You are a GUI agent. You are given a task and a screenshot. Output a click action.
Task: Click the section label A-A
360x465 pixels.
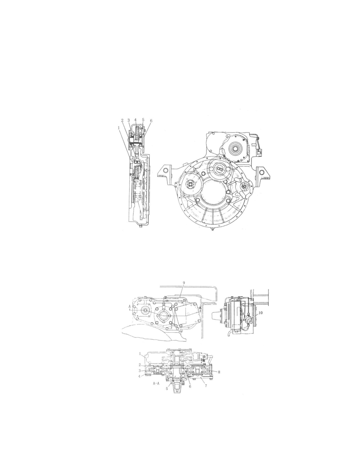pyautogui.click(x=156, y=389)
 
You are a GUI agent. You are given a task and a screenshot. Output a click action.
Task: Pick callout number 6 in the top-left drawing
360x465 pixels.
pyautogui.click(x=151, y=121)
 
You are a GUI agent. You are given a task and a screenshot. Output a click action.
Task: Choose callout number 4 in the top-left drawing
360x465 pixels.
pyautogui.click(x=135, y=119)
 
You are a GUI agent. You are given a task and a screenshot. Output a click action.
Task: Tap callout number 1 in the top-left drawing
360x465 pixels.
pyautogui.click(x=119, y=128)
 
